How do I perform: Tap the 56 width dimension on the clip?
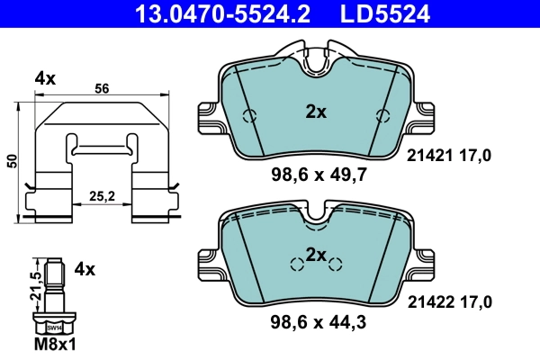[102, 88]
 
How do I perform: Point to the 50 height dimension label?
[12, 159]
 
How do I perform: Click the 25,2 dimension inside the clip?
[102, 194]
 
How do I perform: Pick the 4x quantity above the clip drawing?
[45, 78]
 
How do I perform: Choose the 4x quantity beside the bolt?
[85, 268]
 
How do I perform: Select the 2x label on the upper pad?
[315, 112]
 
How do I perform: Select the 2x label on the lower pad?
[315, 256]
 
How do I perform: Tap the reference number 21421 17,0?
[449, 156]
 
